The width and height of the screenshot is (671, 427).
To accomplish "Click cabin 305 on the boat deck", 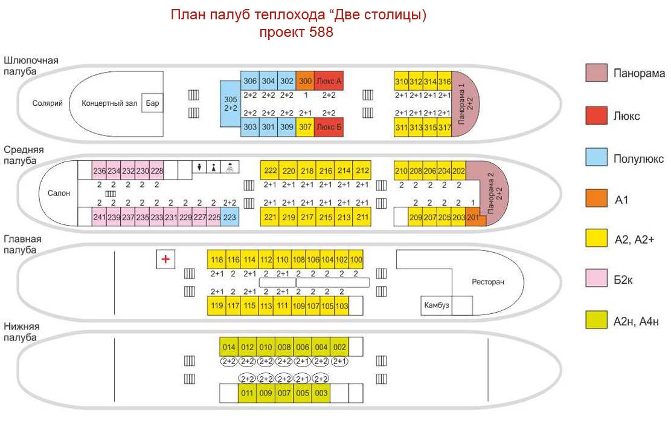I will [x=230, y=103].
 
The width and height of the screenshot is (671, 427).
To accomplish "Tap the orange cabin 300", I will [x=306, y=81].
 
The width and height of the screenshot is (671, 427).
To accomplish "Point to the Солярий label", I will [x=48, y=103].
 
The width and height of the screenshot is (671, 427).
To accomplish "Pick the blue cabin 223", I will [x=230, y=217].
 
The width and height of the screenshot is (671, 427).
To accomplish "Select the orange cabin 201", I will [x=474, y=217].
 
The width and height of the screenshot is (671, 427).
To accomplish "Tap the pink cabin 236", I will [x=100, y=171].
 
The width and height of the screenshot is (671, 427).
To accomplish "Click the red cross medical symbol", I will [x=165, y=259].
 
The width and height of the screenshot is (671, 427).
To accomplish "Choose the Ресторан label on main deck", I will [x=487, y=282].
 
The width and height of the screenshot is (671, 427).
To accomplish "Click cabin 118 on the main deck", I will [x=217, y=259].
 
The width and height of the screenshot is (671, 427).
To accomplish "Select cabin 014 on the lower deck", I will [x=228, y=347].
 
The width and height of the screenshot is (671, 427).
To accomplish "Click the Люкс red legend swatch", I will [x=596, y=116].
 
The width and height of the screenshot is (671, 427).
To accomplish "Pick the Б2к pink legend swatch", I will [x=596, y=279].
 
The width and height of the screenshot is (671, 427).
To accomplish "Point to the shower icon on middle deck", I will [x=230, y=168].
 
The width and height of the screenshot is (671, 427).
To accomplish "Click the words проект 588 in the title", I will [x=296, y=32].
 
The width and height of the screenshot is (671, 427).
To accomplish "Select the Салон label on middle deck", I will [x=59, y=194].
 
